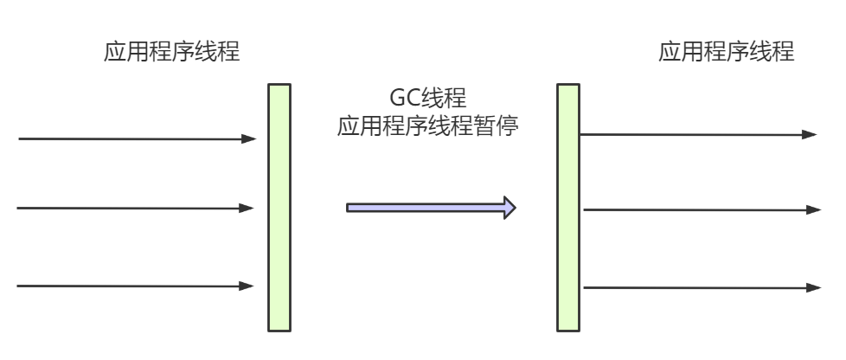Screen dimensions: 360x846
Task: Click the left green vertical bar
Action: [279, 207]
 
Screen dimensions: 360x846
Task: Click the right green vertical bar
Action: [567, 207]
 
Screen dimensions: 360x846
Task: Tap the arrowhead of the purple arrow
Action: [510, 208]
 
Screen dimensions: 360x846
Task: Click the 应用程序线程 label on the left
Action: [171, 54]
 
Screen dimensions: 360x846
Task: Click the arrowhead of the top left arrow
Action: [250, 138]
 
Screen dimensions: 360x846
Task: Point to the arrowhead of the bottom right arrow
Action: [813, 287]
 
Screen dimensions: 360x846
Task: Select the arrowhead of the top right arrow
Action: [810, 134]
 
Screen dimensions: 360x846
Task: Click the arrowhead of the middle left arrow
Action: [248, 208]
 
